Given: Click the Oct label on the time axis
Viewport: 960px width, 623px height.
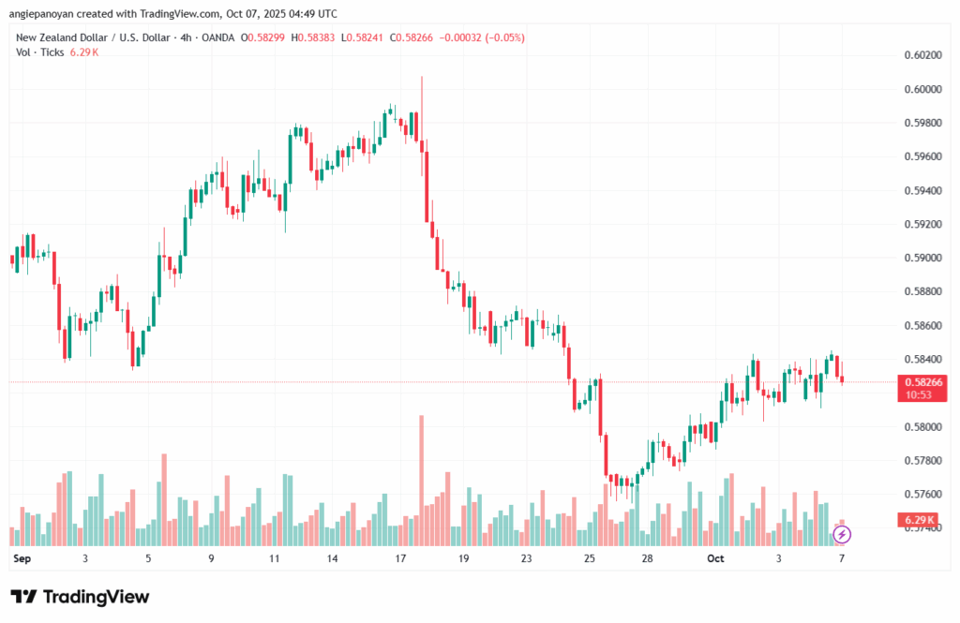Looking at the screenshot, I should [x=716, y=558].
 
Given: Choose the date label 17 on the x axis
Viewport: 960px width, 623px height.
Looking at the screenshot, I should [x=400, y=558].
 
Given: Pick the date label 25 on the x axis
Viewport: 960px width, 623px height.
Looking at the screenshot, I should [x=589, y=558].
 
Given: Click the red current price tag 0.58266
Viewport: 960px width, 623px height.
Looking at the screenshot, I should [x=923, y=382].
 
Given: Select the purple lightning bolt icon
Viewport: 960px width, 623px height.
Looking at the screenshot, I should [x=842, y=534].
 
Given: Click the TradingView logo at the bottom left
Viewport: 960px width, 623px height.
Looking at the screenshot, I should [x=79, y=597].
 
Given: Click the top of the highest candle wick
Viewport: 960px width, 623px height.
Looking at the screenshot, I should [x=422, y=78].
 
